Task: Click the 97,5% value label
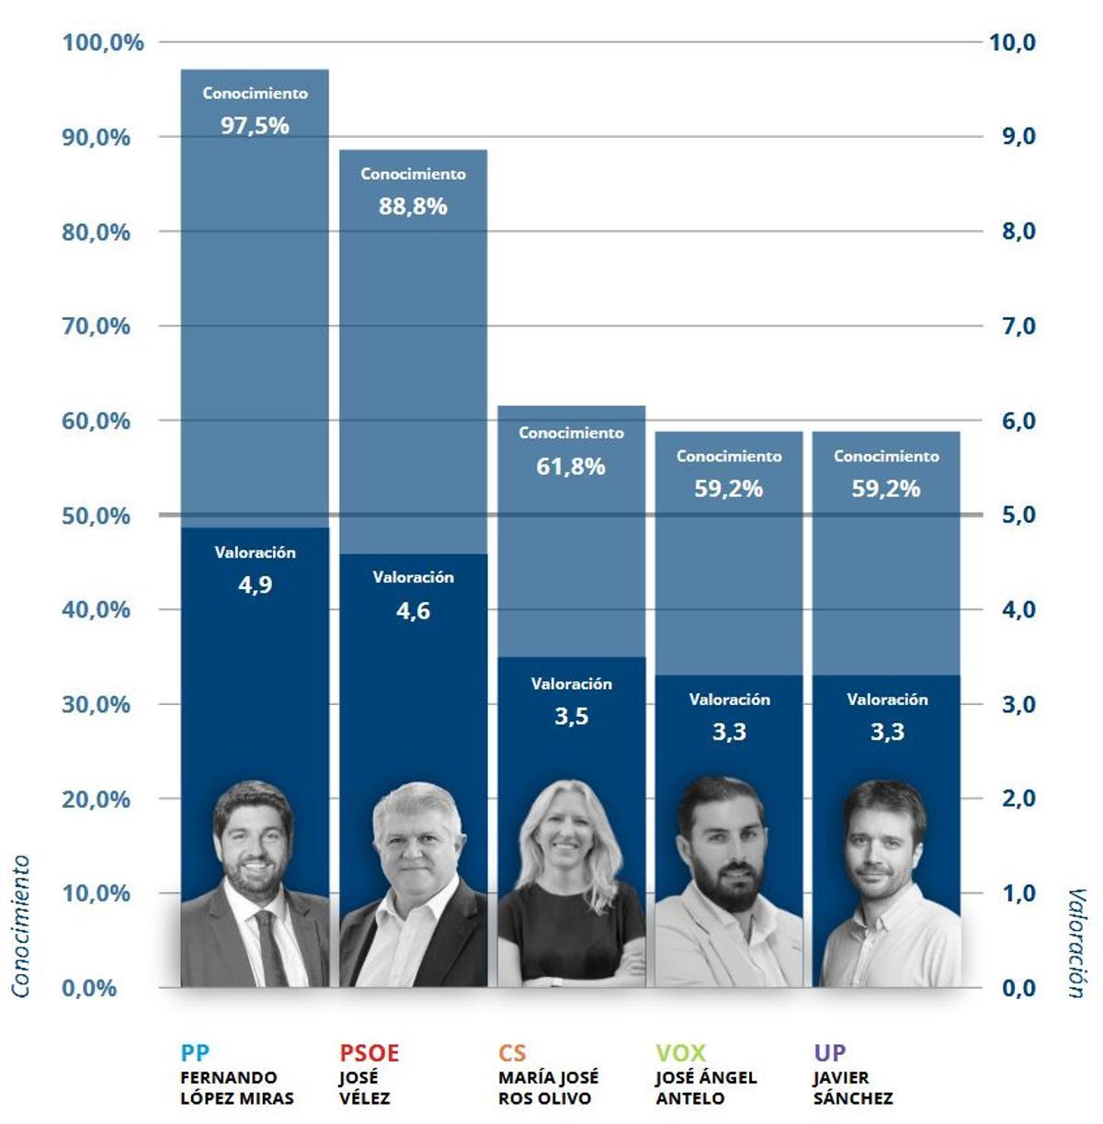(255, 126)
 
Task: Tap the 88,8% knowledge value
(413, 207)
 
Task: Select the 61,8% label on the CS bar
(571, 467)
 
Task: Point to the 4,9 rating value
(255, 585)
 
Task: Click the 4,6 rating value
(413, 611)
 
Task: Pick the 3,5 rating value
(571, 717)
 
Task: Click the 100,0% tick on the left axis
(103, 42)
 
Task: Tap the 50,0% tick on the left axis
(96, 516)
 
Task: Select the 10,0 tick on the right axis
(1011, 42)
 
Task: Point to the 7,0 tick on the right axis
(1018, 326)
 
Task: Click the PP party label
(195, 1053)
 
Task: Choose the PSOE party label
(370, 1053)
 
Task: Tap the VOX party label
(680, 1053)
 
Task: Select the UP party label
(829, 1053)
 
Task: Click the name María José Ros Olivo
(548, 1088)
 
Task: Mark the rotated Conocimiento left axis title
(20, 925)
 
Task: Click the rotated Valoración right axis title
(1076, 942)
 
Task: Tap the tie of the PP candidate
(270, 947)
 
